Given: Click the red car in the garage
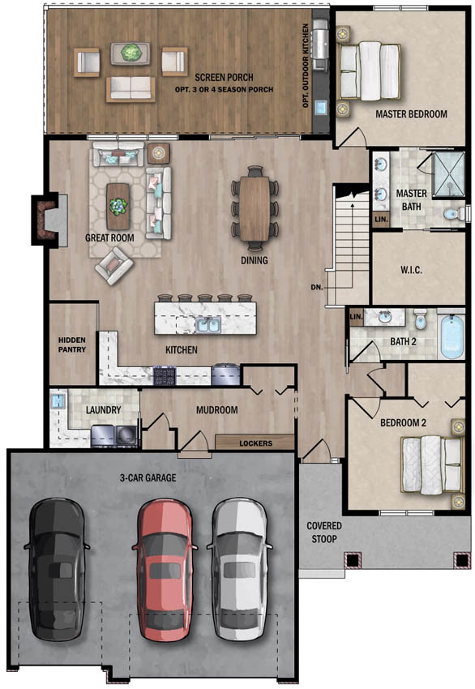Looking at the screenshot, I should [165, 569].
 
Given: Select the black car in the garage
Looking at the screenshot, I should [58, 569].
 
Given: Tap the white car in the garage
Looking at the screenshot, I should [241, 569].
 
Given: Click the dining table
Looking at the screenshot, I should [255, 208].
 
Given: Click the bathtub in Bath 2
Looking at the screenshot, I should [451, 337].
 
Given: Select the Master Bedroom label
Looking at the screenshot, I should [411, 114].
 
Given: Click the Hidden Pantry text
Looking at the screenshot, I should [72, 344].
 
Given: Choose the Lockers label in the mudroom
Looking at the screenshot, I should [255, 443].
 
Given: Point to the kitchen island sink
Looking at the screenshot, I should [206, 324].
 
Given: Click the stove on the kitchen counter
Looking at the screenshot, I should [167, 375].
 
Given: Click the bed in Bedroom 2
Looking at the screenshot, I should [430, 464].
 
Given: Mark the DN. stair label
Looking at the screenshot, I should [316, 287].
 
